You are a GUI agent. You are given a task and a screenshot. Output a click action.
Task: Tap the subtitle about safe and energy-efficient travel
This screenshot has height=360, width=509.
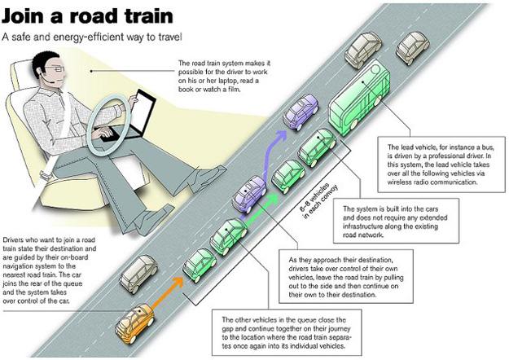pos(94,37)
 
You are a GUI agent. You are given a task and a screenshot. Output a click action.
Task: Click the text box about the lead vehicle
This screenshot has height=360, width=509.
pos(439,160)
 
